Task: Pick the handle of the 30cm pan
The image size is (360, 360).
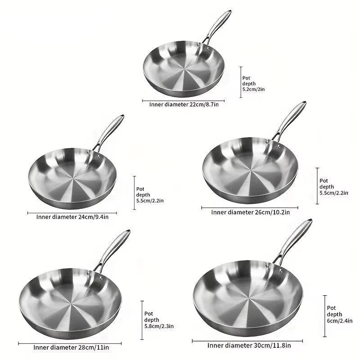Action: click(x=294, y=239)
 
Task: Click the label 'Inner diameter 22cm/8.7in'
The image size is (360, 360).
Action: click(x=184, y=105)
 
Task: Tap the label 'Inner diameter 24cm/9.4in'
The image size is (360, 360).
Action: click(x=72, y=217)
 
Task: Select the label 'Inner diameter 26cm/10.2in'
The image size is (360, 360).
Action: click(x=250, y=212)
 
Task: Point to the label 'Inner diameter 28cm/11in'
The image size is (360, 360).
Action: click(x=71, y=347)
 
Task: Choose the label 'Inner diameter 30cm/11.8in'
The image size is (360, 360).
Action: click(x=249, y=346)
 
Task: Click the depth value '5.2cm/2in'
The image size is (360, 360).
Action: click(x=253, y=89)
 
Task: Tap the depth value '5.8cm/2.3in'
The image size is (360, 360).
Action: click(x=159, y=326)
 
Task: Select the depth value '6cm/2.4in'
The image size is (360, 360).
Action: click(x=340, y=321)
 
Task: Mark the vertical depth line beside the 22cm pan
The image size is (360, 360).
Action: click(x=241, y=82)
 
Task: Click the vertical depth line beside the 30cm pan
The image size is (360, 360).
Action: click(x=325, y=316)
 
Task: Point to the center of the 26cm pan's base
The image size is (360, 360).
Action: click(x=251, y=170)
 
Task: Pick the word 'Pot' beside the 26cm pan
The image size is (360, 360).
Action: click(x=324, y=181)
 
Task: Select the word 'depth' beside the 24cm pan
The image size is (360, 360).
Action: click(x=143, y=195)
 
